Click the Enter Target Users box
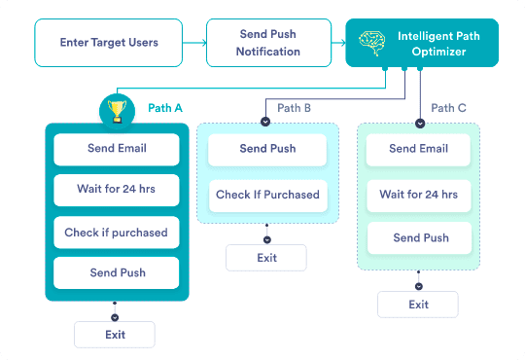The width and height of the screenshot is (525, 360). click(x=109, y=43)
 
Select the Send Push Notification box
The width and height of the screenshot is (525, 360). click(x=268, y=43)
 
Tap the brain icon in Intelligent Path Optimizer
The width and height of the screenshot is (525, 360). click(x=372, y=43)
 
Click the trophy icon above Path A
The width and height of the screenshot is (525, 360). click(x=118, y=111)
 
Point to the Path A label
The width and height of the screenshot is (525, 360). click(x=165, y=108)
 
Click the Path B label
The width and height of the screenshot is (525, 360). click(x=294, y=108)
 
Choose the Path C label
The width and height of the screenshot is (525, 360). click(x=448, y=108)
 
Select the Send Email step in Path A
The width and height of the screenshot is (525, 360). click(x=117, y=150)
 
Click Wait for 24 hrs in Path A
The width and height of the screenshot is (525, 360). click(x=117, y=190)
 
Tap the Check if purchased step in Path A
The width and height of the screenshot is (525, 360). click(x=117, y=233)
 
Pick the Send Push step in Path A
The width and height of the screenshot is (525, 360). click(x=117, y=272)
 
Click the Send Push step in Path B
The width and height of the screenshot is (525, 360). click(x=267, y=150)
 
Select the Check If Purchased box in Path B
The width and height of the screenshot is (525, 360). click(x=268, y=196)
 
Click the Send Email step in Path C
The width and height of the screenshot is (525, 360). click(x=418, y=150)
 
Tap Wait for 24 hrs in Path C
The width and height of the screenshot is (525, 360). click(x=419, y=196)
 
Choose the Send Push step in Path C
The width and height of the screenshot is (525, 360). click(x=420, y=238)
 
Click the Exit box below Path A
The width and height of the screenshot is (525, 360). click(x=115, y=335)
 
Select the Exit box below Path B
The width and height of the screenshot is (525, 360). click(x=266, y=258)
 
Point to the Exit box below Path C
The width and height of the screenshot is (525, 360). click(x=418, y=305)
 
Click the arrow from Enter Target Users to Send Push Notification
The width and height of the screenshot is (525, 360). click(x=194, y=43)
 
